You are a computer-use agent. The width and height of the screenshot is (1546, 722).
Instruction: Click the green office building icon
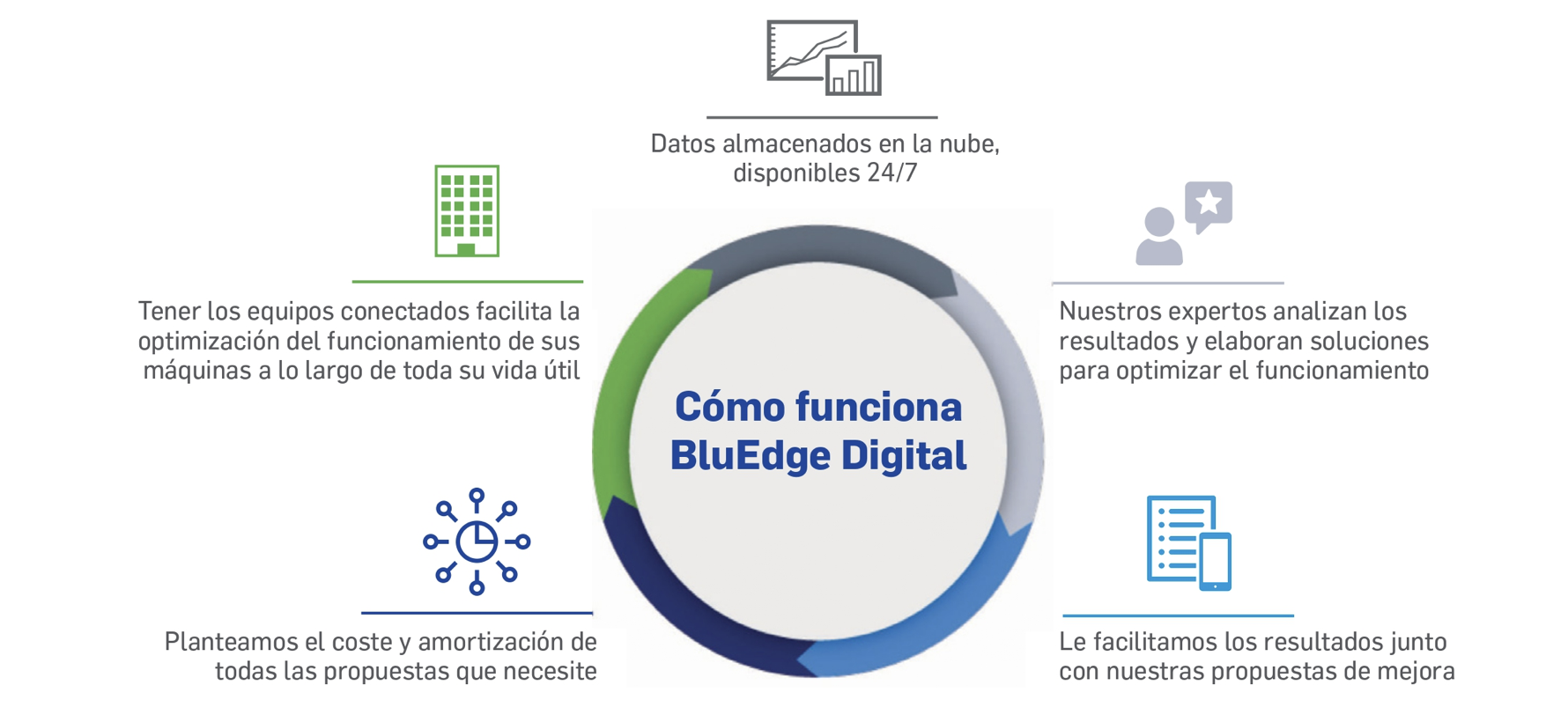pos(467,210)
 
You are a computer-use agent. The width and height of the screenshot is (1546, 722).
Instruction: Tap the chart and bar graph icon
pos(824,57)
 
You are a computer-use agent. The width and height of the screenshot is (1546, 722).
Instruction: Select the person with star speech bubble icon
pos(1183,223)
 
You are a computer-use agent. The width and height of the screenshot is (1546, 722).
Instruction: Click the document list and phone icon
pos(1188,542)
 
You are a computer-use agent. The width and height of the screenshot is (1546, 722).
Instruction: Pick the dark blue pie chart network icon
pos(477,541)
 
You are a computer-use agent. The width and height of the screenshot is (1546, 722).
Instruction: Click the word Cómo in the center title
pos(730,407)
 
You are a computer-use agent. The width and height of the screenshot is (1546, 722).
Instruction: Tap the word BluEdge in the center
pos(750,456)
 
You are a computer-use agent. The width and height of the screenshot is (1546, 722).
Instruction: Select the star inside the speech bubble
pos(1209,203)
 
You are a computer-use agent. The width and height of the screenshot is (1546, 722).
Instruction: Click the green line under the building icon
pos(468,282)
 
